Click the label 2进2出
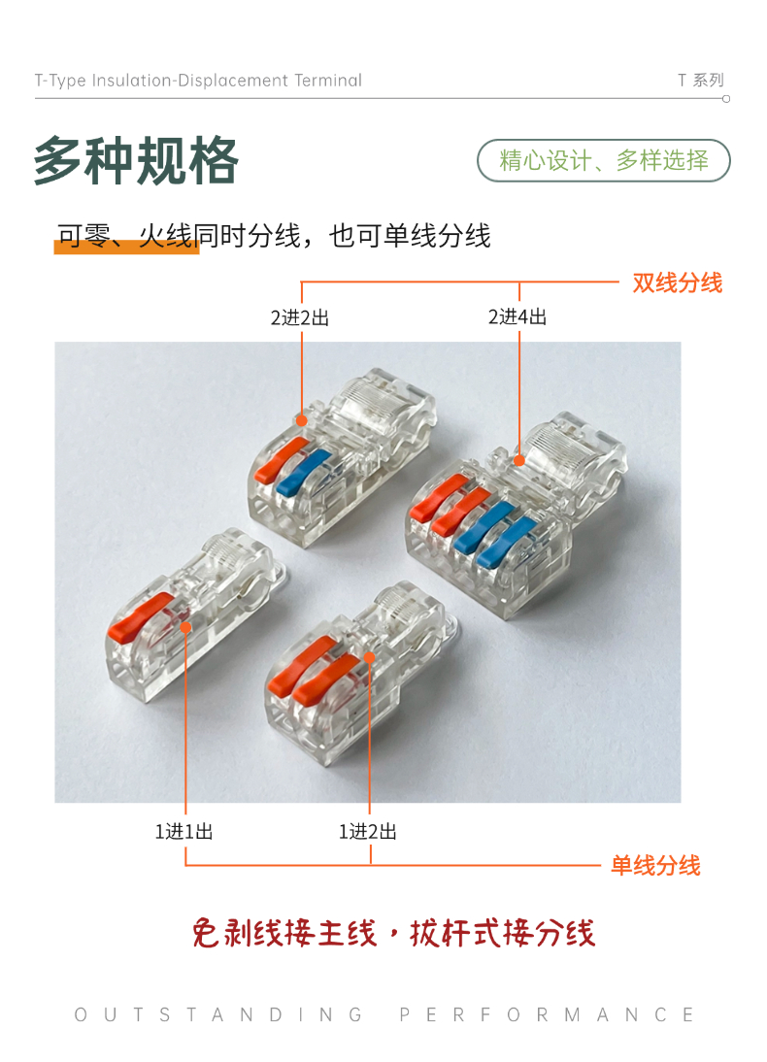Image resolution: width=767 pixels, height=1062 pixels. tap(299, 317)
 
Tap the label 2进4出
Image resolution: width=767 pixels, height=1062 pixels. tap(517, 317)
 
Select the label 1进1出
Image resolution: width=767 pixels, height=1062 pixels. tap(184, 832)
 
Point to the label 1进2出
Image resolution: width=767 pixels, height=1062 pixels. tap(368, 832)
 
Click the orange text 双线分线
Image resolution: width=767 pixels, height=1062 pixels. tap(678, 282)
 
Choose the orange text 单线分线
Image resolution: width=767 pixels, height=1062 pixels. tap(656, 866)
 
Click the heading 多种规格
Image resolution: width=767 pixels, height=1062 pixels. tap(136, 160)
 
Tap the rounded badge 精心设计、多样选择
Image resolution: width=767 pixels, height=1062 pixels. tap(604, 160)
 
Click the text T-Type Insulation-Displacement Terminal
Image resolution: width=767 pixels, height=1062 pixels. tap(198, 81)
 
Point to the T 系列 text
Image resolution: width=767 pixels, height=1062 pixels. tap(701, 81)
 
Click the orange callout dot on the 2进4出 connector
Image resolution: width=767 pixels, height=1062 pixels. tap(519, 460)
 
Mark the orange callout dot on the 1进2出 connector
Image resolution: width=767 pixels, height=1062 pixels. tap(369, 657)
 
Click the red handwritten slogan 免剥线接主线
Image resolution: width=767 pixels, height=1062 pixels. tap(284, 933)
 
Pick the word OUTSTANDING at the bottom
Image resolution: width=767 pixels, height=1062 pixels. tap(218, 1014)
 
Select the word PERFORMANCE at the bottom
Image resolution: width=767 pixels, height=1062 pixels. tap(547, 1014)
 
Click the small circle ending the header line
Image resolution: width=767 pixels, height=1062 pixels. tap(726, 99)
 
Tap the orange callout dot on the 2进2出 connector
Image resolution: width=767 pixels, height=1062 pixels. tap(302, 420)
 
